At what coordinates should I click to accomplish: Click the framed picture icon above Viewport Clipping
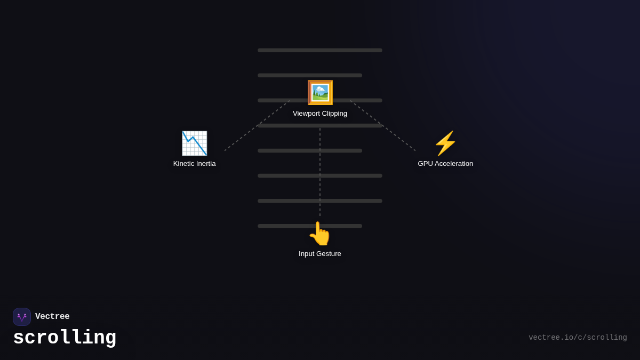[x=320, y=93]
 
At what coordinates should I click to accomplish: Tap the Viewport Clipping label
[x=320, y=114]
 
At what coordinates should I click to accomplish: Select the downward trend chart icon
[x=194, y=143]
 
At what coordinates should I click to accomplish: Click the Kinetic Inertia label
[x=194, y=164]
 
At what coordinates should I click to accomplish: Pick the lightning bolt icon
[x=445, y=143]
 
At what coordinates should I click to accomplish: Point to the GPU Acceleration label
[x=445, y=164]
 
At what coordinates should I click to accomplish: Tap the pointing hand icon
[x=320, y=234]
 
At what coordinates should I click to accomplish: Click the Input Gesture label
[x=320, y=254]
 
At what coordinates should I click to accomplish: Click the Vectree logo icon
[x=22, y=317]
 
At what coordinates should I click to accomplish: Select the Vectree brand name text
[x=52, y=317]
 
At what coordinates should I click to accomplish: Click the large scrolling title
[x=65, y=338]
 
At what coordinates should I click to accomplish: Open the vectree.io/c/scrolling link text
[x=578, y=338]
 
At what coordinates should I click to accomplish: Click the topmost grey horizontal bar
[x=320, y=50]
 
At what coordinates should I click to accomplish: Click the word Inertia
[x=204, y=164]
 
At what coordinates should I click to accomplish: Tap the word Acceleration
[x=454, y=164]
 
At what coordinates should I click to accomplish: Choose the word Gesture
[x=329, y=254]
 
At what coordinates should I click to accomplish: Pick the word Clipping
[x=333, y=114]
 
